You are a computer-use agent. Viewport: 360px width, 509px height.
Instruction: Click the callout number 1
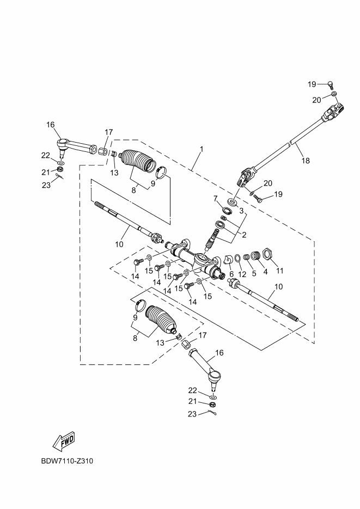click(201, 149)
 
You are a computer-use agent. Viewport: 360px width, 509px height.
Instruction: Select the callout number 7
click(215, 198)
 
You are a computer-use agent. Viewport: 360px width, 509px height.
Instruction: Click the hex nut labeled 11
click(267, 254)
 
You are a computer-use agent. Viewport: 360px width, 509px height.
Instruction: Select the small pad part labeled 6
click(229, 259)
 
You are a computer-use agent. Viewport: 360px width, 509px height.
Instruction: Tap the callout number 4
click(266, 271)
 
